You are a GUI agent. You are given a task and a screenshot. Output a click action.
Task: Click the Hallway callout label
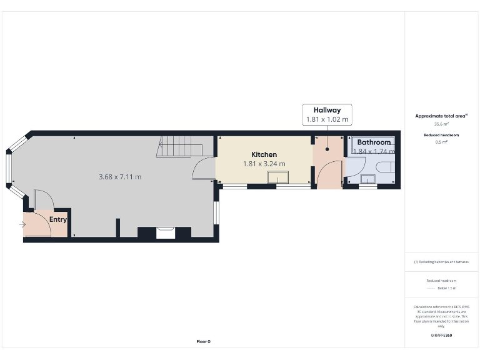[327, 110]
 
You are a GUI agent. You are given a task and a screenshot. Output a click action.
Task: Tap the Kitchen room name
[264, 154]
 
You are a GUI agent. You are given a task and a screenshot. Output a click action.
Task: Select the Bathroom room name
[374, 142]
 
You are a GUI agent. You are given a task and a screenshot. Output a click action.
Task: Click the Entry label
[58, 219]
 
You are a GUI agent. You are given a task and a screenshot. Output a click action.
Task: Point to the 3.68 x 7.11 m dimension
[120, 177]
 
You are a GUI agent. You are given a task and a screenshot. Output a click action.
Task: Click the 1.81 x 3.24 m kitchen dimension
[264, 164]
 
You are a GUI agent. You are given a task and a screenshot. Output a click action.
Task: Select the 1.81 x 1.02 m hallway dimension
[327, 119]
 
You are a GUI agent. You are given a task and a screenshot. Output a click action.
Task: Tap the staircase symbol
[181, 149]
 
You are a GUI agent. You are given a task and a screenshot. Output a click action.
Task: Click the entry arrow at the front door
[23, 224]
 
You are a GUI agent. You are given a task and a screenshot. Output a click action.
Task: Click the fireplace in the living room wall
[166, 232]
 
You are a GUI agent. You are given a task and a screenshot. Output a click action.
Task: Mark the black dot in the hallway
[327, 150]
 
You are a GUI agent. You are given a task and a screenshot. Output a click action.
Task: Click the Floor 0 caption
[204, 341]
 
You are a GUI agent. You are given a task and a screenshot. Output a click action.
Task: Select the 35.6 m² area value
[441, 124]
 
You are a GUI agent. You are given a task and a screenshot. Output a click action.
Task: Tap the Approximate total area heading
[441, 116]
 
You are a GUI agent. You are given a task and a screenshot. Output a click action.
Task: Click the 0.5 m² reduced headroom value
[441, 142]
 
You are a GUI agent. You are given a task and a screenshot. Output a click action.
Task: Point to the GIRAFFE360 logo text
[441, 336]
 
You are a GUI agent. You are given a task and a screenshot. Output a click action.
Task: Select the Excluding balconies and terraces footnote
[441, 262]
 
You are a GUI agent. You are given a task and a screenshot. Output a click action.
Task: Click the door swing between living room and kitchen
[204, 169]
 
